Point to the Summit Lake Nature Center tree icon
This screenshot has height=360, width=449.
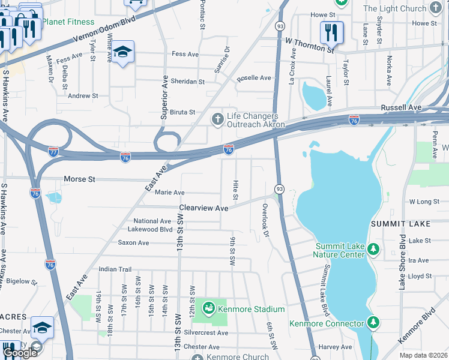pyautogui.click(x=373, y=249)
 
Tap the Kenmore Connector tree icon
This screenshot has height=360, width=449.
pyautogui.click(x=374, y=323)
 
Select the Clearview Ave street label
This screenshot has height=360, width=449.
pyautogui.click(x=204, y=208)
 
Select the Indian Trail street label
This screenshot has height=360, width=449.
pyautogui.click(x=115, y=269)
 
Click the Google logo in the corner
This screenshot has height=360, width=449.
pyautogui.click(x=20, y=353)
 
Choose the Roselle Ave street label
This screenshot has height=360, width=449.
pyautogui.click(x=254, y=78)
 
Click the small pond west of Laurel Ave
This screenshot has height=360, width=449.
pyautogui.click(x=314, y=94)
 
